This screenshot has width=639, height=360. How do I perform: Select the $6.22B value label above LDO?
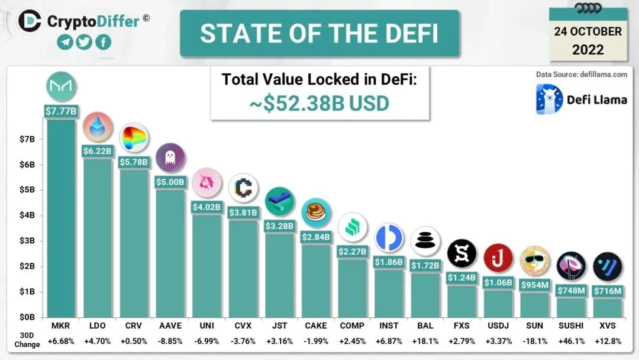point(97,152)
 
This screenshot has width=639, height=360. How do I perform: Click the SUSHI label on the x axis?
point(571,326)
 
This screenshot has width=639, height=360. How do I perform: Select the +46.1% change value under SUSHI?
point(571,341)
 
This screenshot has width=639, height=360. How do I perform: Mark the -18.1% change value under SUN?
point(535,341)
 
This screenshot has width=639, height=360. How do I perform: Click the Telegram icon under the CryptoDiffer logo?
point(66,42)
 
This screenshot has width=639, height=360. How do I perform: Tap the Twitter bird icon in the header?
point(85,42)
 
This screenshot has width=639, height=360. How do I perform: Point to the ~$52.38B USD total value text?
point(319,104)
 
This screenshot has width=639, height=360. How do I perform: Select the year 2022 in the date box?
point(588,49)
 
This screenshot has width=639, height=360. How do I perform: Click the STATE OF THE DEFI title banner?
point(319,33)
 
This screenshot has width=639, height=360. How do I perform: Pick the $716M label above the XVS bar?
point(608,291)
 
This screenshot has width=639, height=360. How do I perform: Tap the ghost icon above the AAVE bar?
point(170,157)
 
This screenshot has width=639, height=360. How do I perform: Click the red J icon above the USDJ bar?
point(498,258)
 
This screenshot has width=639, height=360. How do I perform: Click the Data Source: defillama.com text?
point(581,75)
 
